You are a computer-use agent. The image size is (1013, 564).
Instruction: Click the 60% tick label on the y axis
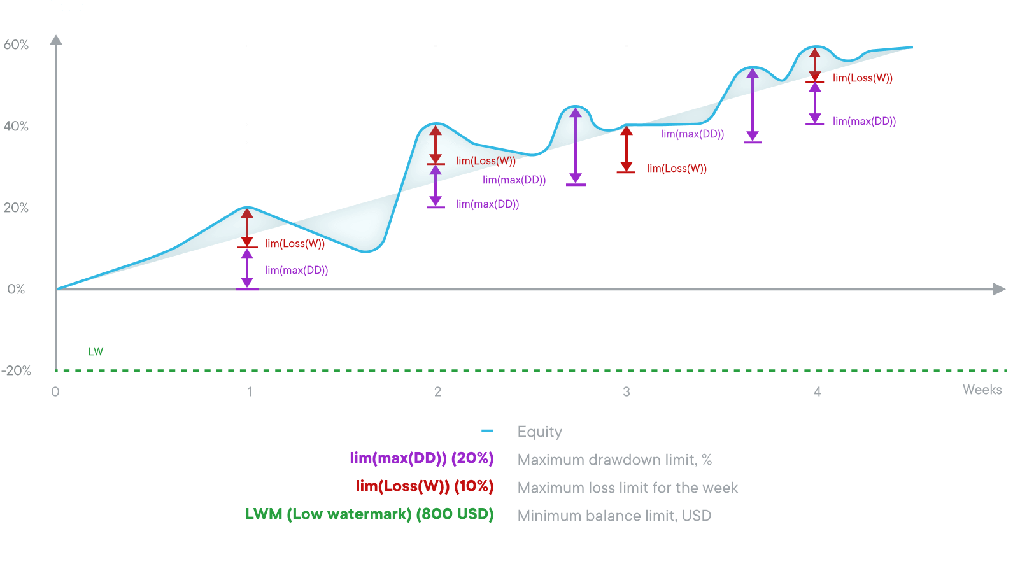[x=16, y=45]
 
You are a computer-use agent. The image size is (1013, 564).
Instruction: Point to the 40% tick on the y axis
[x=16, y=127]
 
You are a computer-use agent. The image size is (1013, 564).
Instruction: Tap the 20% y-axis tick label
[x=16, y=208]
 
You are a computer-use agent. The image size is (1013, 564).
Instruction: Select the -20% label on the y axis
[x=16, y=371]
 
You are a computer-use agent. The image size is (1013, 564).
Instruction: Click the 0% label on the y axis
[x=17, y=290]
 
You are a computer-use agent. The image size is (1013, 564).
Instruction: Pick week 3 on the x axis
[x=627, y=392]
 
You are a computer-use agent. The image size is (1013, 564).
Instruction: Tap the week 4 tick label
[x=817, y=392]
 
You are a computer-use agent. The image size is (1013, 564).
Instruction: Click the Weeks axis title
[x=982, y=390]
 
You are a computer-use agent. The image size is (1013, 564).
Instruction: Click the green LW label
[x=96, y=351]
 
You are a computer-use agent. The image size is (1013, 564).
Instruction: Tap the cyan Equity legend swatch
[x=488, y=432]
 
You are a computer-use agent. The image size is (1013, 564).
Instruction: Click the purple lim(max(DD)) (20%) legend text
[x=421, y=458]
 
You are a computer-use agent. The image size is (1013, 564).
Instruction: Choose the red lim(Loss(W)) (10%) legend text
[x=425, y=486]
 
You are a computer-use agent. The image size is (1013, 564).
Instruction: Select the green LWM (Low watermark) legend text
[x=369, y=514]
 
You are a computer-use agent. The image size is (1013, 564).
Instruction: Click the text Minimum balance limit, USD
[x=614, y=516]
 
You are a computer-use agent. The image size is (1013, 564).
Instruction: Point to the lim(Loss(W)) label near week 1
[x=295, y=244]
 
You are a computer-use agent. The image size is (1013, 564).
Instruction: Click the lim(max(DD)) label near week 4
[x=864, y=122]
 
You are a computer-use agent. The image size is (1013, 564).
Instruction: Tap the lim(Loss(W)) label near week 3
[x=677, y=169]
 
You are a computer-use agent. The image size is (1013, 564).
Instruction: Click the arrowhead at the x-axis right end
[x=999, y=290]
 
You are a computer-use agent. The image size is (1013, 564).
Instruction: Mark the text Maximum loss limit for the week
[x=627, y=488]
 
